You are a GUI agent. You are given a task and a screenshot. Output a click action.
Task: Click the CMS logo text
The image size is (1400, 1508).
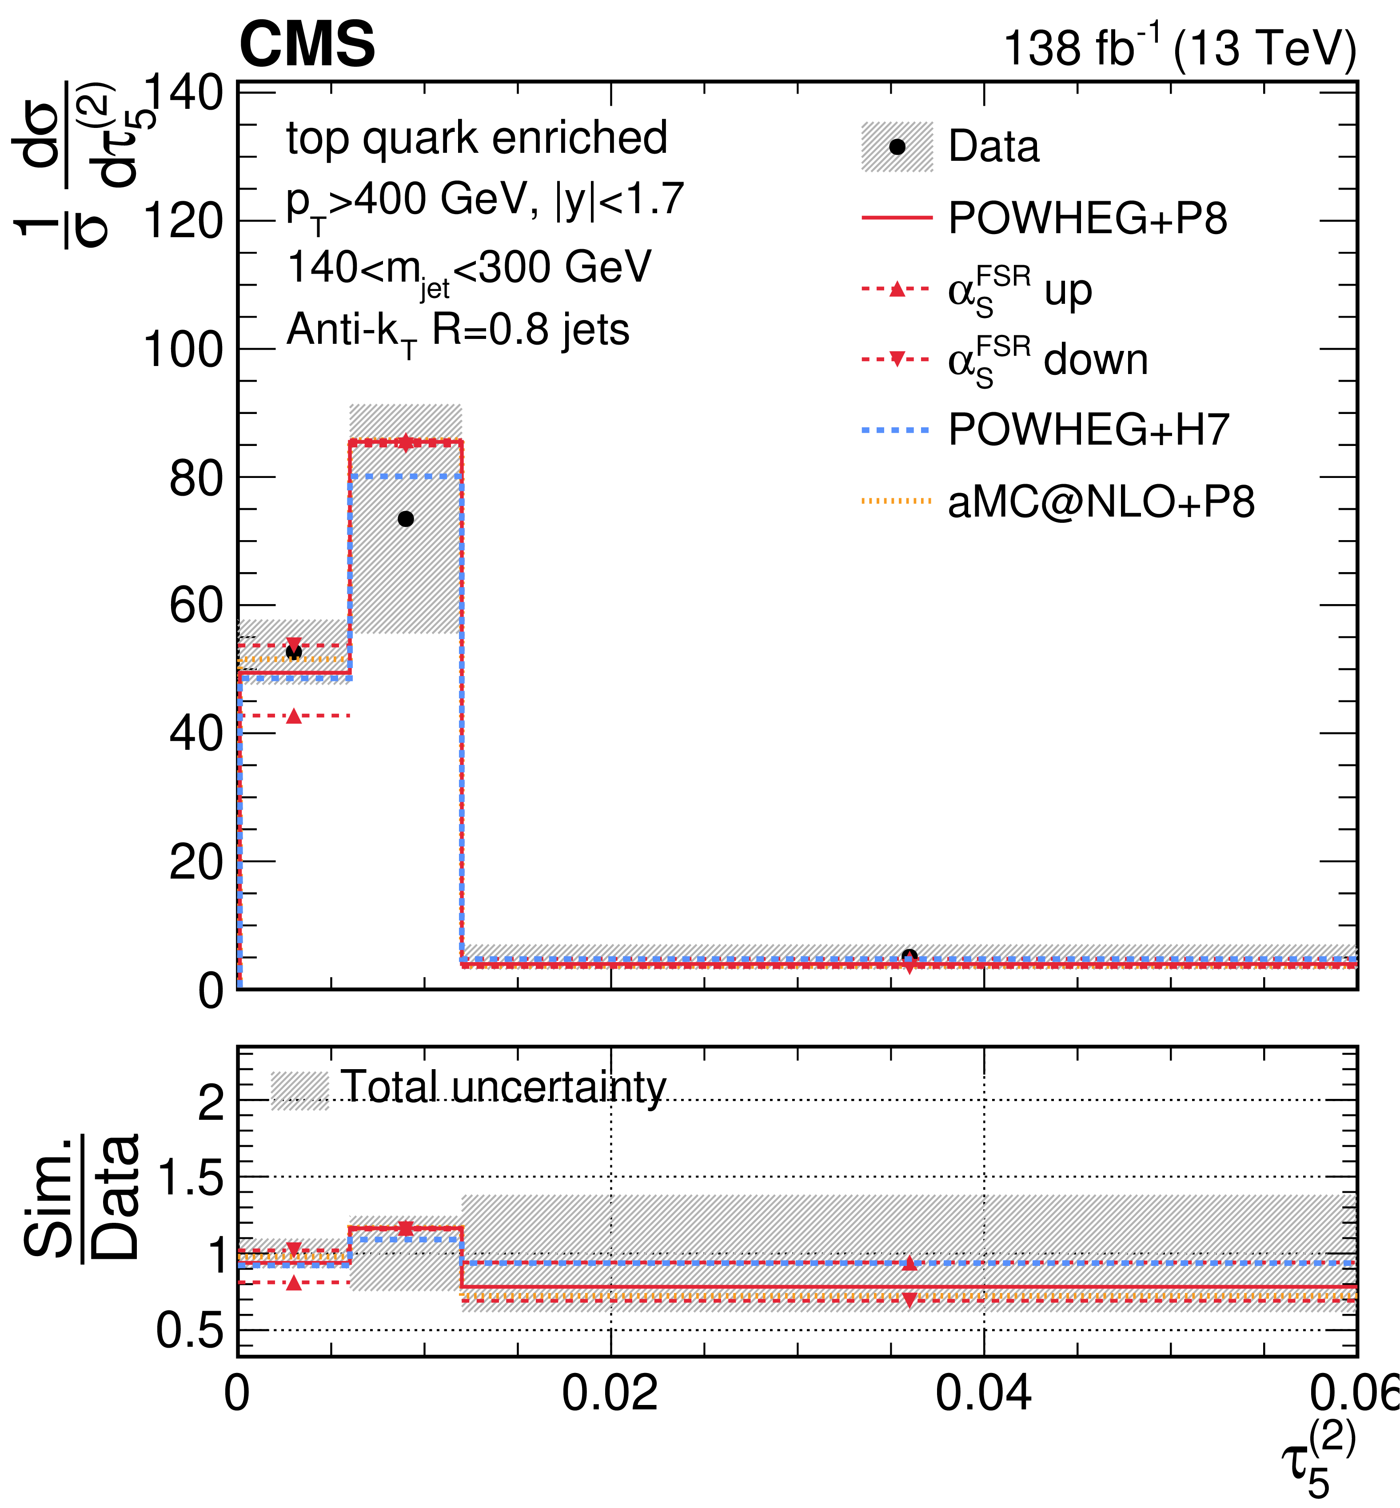tap(307, 44)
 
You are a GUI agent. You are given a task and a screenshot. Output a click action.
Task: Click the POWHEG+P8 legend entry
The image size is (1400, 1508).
tap(1044, 218)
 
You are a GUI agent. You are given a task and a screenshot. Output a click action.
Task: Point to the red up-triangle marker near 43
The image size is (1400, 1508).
tap(294, 716)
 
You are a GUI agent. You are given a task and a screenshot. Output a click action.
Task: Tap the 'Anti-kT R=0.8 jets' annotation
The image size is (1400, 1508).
tap(458, 332)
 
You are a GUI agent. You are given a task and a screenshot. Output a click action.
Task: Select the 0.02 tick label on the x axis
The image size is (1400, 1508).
tap(610, 1393)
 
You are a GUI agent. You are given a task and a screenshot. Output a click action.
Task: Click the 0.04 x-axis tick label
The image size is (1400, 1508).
tap(983, 1393)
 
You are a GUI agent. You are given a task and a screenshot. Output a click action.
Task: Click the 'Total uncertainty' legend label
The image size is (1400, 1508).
tap(503, 1088)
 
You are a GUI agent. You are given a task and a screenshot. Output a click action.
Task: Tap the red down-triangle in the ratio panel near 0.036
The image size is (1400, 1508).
tap(910, 1300)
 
